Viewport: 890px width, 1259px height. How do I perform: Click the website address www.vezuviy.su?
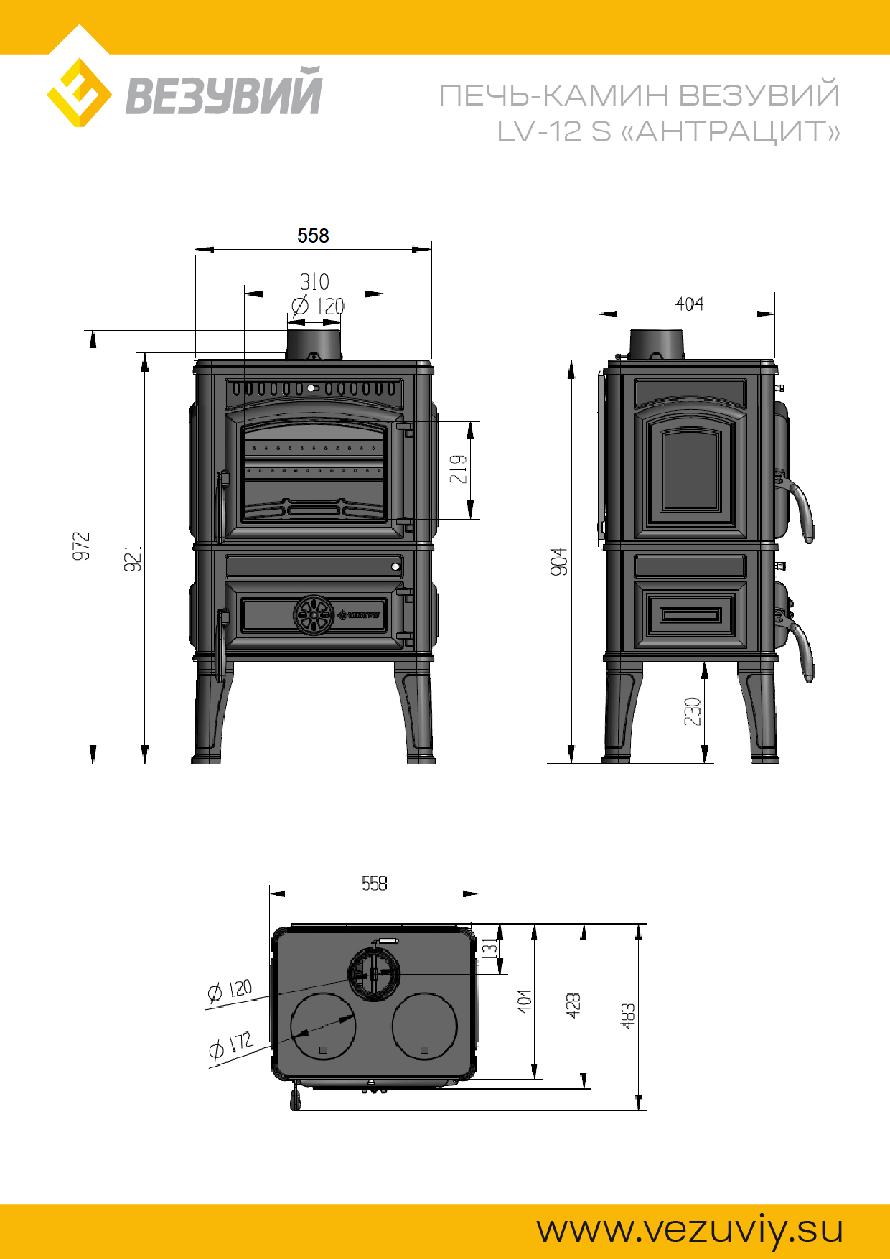point(690,1230)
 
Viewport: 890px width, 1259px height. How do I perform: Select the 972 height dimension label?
point(81,546)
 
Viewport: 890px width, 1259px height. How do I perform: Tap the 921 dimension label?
point(133,558)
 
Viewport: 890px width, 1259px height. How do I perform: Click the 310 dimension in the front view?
point(314,281)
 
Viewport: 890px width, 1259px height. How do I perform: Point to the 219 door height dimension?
point(459,469)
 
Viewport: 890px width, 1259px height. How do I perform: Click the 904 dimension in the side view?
point(559,561)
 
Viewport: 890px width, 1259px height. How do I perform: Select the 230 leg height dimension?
point(693,711)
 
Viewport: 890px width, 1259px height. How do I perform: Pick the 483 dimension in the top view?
point(628,1016)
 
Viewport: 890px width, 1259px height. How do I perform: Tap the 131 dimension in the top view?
point(489,947)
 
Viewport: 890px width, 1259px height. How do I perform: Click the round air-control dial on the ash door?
point(314,615)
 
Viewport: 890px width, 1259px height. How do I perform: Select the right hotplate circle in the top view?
point(424,1026)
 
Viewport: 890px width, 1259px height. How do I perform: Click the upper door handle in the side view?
point(799,506)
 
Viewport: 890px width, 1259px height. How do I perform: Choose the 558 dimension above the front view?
point(313,235)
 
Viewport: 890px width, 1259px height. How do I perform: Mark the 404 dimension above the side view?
point(689,304)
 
